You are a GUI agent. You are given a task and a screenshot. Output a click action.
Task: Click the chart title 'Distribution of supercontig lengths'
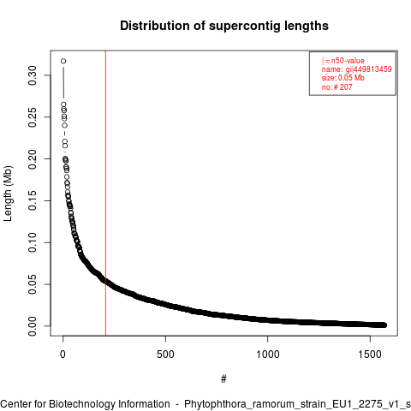tap(224, 26)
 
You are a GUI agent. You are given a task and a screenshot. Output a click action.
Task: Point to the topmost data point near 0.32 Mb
tap(63, 61)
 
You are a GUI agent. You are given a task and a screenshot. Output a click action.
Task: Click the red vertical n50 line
tap(105, 194)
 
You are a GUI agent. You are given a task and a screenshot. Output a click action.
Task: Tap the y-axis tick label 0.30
tap(33, 75)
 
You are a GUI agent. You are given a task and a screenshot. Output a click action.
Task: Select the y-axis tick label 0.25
tap(33, 117)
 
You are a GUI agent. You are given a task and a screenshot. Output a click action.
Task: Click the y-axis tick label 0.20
tap(33, 159)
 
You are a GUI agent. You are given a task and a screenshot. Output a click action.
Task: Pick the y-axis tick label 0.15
tap(33, 200)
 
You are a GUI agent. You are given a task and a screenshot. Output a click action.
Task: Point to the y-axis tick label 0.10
tap(33, 242)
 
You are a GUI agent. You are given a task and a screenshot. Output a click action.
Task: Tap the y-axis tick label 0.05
tap(33, 284)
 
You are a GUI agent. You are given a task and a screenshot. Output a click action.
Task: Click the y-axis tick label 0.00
tap(33, 326)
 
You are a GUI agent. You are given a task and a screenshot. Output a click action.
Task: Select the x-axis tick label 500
tap(165, 354)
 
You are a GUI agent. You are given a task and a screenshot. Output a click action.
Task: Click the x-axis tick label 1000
tap(268, 354)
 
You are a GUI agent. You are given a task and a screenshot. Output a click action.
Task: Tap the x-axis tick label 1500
tap(370, 354)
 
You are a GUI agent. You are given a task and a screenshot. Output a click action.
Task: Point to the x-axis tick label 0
tap(63, 354)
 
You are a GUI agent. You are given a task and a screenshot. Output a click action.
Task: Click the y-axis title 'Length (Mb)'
tap(8, 194)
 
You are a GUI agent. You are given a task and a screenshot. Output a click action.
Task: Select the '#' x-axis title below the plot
tap(223, 379)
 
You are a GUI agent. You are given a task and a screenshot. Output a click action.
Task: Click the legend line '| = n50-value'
tap(343, 61)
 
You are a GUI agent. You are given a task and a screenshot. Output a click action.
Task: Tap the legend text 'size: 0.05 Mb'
tap(343, 78)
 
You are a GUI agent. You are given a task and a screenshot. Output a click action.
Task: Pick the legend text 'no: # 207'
tap(337, 87)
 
